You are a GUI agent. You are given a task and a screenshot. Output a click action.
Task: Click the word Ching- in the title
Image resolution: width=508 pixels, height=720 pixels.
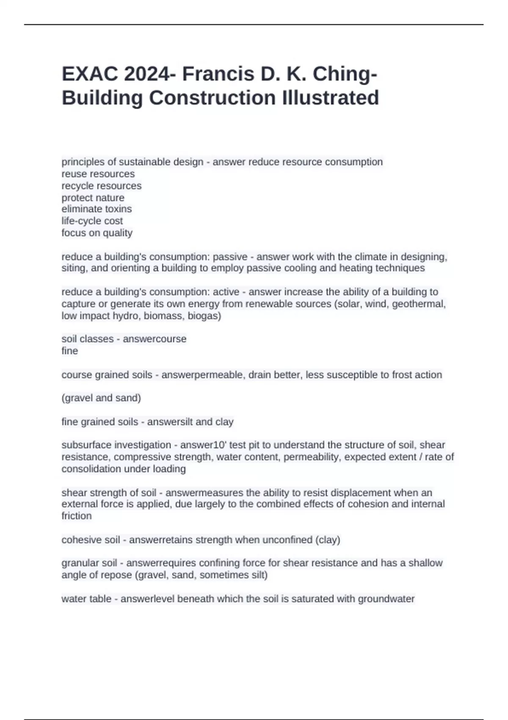pos(345,74)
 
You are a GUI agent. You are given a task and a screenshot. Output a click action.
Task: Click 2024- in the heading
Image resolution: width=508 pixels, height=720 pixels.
pos(151,74)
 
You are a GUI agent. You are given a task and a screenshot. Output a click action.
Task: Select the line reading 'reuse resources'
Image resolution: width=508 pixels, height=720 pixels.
pos(98,174)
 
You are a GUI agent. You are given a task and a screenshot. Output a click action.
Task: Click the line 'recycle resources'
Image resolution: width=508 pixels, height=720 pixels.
pos(101,186)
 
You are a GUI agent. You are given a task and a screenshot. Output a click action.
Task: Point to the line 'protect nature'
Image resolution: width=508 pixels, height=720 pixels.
pos(93,197)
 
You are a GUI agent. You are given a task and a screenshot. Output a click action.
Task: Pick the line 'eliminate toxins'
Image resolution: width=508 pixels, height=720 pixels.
pos(97,209)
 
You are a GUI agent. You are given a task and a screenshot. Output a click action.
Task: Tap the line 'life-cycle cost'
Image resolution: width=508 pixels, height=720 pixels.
pos(92,221)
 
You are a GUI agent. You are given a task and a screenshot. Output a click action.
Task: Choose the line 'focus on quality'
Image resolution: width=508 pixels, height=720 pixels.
pos(97,233)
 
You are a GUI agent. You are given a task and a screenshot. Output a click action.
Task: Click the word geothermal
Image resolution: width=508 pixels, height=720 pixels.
pos(418,304)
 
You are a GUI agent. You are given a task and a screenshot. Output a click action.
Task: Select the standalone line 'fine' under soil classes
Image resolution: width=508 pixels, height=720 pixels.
pos(69,351)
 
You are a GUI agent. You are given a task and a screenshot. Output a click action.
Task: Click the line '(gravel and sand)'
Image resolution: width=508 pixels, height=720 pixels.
pos(101,398)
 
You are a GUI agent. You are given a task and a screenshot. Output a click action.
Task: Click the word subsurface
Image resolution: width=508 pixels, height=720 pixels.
pos(86,445)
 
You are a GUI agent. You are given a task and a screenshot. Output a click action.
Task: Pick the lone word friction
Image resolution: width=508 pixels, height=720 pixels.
pos(76,516)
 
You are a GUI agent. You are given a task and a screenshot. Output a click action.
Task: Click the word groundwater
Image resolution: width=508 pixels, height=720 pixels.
pos(386,598)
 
